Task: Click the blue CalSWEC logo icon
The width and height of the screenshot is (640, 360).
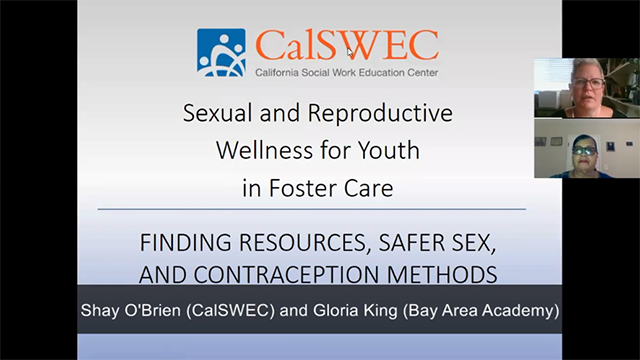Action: pos(221,52)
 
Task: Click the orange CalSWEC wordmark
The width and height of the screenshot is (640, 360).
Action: pos(346,45)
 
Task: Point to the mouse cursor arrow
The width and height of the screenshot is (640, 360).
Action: pos(350,51)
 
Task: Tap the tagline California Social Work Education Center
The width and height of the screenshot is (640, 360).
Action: pos(346,72)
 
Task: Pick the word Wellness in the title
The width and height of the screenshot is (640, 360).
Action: pos(256,152)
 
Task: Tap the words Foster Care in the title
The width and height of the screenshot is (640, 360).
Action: pos(343,188)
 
